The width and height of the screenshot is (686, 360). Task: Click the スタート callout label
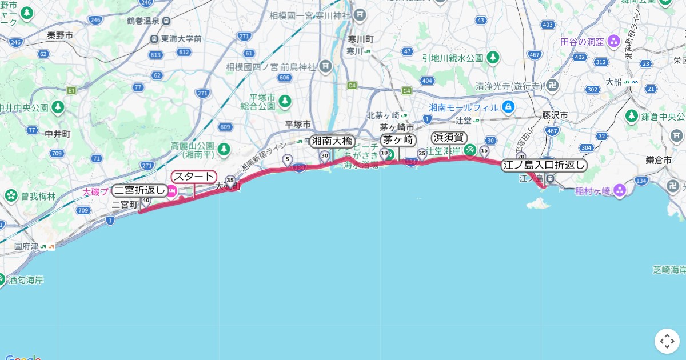tap(194, 177)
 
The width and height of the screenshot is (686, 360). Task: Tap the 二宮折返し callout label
tap(140, 190)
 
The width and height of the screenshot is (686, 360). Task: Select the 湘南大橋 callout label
tap(332, 141)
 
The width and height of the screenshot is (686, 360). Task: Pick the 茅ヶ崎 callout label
tap(398, 140)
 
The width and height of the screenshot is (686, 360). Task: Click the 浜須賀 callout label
tap(449, 138)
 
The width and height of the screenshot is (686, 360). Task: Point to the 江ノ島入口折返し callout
tap(544, 165)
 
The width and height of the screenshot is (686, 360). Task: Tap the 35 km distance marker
tap(230, 179)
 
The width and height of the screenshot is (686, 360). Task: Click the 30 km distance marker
tap(325, 155)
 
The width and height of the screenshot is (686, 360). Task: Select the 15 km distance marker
tap(484, 150)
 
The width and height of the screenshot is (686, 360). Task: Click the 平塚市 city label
tap(298, 124)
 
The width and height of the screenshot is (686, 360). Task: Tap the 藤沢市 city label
tap(555, 115)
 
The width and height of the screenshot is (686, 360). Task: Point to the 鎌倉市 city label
tap(658, 161)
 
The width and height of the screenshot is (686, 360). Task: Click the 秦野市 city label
tap(60, 35)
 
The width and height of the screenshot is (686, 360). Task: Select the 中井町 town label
tap(58, 134)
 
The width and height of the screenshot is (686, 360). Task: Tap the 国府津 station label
tap(26, 247)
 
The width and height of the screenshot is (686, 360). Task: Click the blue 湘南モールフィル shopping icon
tap(508, 106)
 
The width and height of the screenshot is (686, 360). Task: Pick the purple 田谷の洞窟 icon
tap(613, 41)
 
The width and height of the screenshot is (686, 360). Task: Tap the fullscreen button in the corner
tap(667, 341)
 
